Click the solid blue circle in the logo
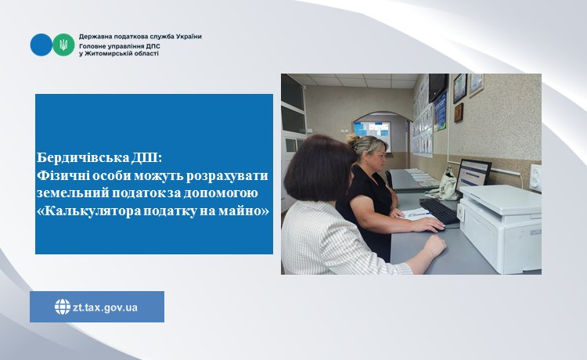coord(41,45)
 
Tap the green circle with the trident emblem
coord(63,45)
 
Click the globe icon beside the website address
coord(63,307)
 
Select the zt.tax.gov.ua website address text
coord(105,308)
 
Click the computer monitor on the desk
coord(473,176)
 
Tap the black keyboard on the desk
coord(440,211)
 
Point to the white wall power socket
coord(535,178)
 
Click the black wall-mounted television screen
coord(438,87)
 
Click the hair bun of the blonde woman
coord(353,139)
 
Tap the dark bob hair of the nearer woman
coord(319,169)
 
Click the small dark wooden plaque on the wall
coord(459,113)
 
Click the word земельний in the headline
coord(73,193)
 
